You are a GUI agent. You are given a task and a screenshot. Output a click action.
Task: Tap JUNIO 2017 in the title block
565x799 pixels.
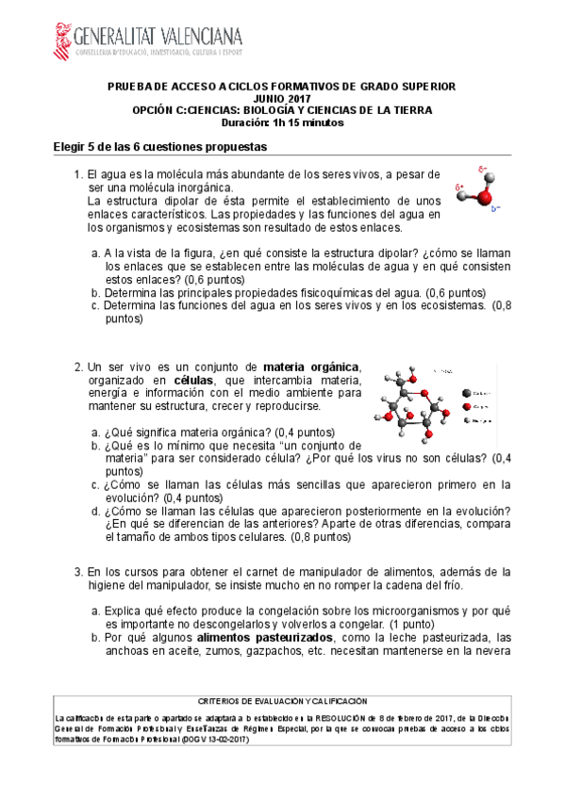[x=282, y=98]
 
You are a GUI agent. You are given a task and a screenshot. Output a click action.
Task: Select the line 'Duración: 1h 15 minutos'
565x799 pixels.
[x=282, y=122]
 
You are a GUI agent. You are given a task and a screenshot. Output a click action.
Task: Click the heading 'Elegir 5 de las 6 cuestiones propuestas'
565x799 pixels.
[x=160, y=148]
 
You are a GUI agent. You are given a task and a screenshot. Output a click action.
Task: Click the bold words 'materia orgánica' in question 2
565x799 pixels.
[x=311, y=367]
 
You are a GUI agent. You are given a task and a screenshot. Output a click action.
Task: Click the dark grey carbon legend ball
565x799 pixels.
[x=466, y=392]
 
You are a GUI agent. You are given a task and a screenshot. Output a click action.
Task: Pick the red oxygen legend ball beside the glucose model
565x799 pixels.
[x=466, y=406]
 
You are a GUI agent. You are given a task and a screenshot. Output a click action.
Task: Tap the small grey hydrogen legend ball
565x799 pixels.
[x=466, y=420]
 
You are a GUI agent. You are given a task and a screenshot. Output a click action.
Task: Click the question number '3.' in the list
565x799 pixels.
[x=79, y=571]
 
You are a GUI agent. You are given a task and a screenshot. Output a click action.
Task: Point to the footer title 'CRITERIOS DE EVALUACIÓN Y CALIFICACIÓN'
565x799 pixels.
[x=282, y=702]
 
